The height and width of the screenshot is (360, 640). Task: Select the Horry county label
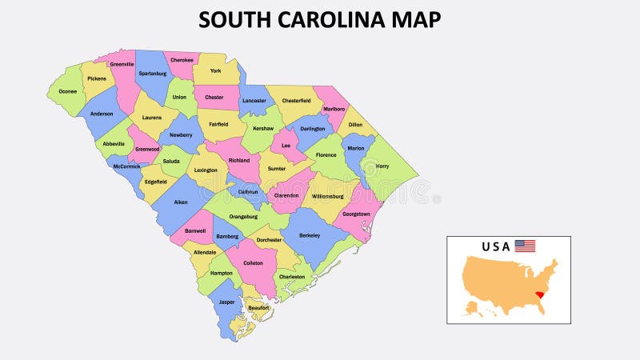382,166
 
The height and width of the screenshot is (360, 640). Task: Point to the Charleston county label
292,277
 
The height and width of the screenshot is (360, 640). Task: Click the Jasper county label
227,302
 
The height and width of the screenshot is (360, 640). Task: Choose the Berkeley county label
310,235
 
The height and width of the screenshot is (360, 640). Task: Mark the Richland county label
239,160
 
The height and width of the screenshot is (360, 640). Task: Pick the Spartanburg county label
152,73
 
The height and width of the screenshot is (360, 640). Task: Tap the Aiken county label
181,202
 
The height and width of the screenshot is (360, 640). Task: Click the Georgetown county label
356,214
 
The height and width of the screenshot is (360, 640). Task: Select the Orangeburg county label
243,216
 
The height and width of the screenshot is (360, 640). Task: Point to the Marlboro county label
334,109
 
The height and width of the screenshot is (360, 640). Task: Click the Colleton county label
253,262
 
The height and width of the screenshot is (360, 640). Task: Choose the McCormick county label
127,167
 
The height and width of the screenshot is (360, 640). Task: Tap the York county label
215,70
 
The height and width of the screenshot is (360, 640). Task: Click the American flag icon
525,246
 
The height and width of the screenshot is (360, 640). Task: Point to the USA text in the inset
496,246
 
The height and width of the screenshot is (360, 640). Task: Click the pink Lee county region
286,144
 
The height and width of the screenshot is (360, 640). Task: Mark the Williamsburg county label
327,195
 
